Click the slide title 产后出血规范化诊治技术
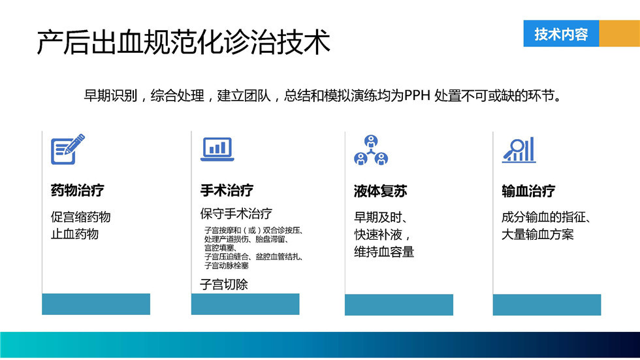184,42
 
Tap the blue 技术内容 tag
561,33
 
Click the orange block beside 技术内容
620,33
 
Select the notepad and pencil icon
68,149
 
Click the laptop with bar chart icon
217,149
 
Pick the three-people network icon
371,150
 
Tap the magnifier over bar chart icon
519,150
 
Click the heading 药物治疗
78,190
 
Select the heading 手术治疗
227,190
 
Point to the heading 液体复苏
380,191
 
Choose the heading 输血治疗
528,191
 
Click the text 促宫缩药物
81,217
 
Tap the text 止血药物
74,234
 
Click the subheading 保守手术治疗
236,214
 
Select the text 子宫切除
224,284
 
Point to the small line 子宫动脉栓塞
227,266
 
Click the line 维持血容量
384,252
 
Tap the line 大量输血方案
537,235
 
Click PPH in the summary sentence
417,95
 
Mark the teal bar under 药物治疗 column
96,304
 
